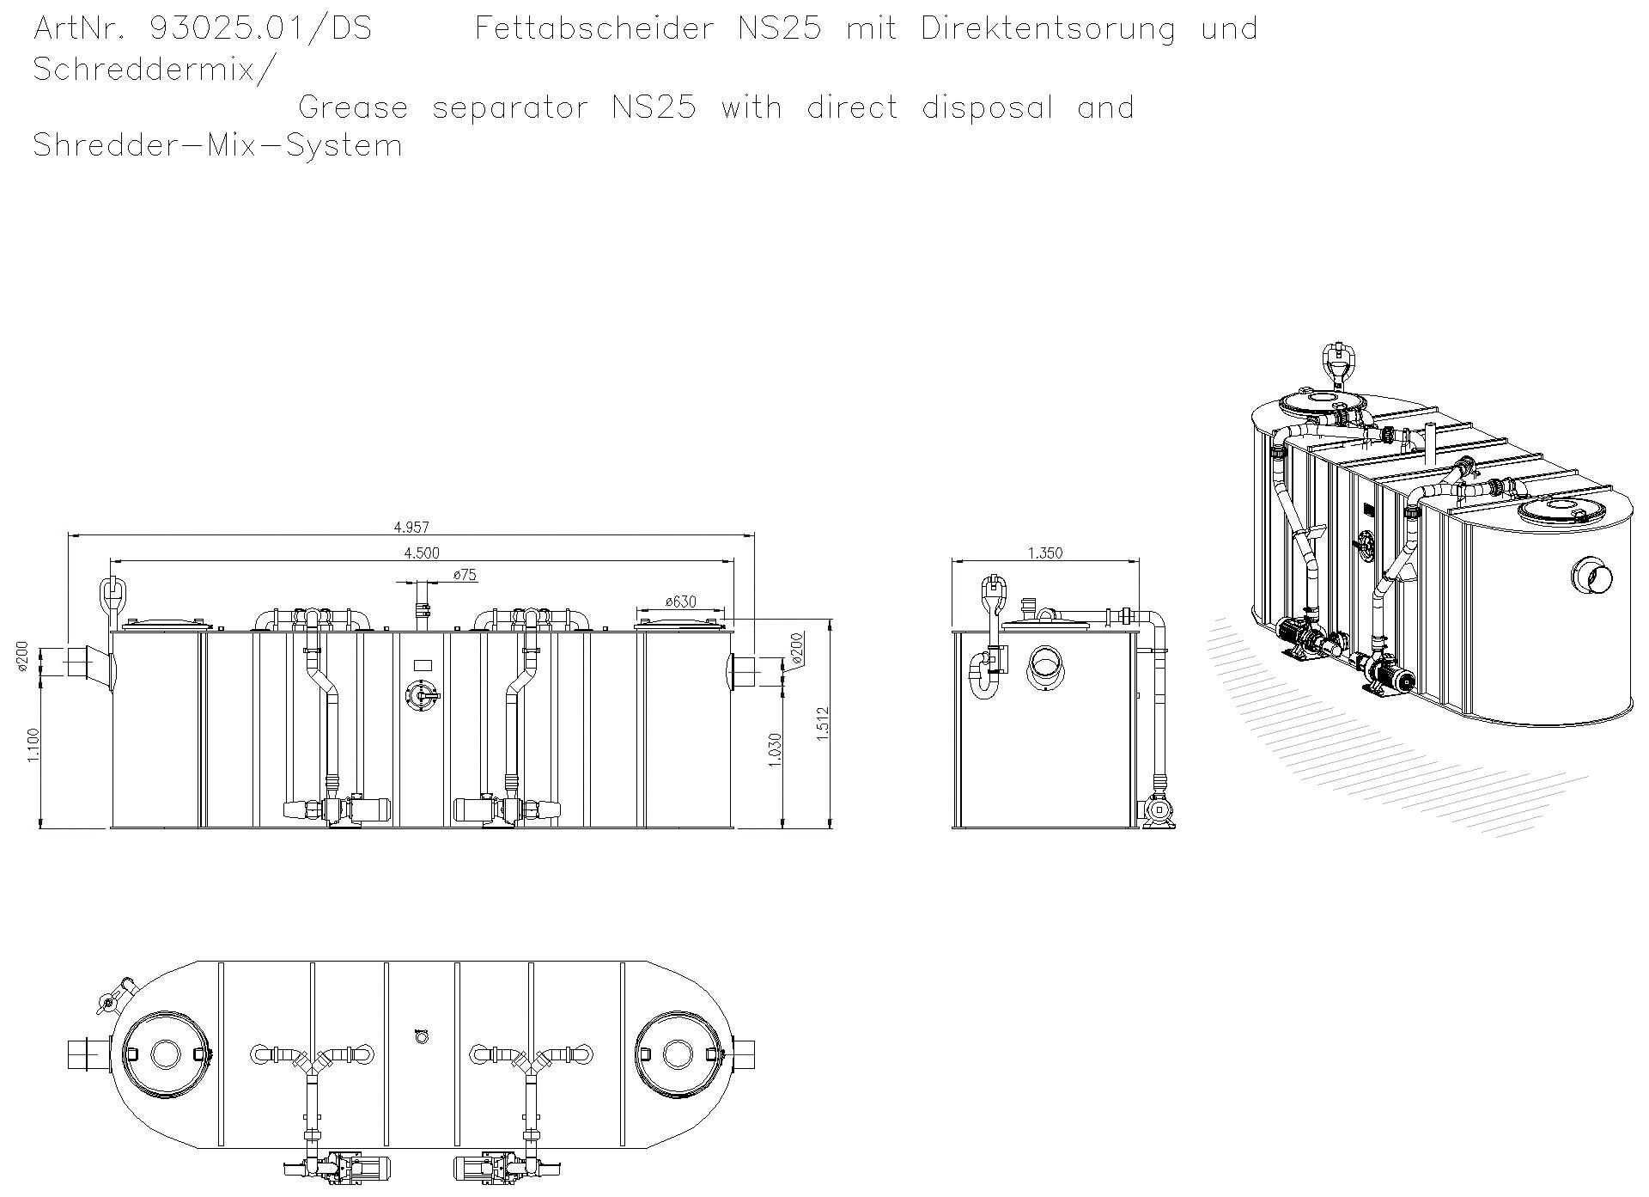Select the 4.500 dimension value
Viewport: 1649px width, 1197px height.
point(421,553)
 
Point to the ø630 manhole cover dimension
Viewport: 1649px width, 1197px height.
point(680,602)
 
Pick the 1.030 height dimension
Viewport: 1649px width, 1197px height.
point(775,749)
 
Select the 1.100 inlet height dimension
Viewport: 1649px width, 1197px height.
point(33,744)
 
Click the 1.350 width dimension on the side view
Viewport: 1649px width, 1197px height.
point(1045,553)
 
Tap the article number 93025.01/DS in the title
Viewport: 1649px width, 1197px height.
point(260,29)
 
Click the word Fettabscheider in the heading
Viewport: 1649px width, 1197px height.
point(593,29)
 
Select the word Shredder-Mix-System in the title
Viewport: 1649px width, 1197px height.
point(217,145)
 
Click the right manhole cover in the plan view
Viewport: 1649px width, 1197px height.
point(677,1053)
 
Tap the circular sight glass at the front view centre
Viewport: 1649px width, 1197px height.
point(420,694)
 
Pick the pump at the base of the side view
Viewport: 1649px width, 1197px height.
point(1157,811)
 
